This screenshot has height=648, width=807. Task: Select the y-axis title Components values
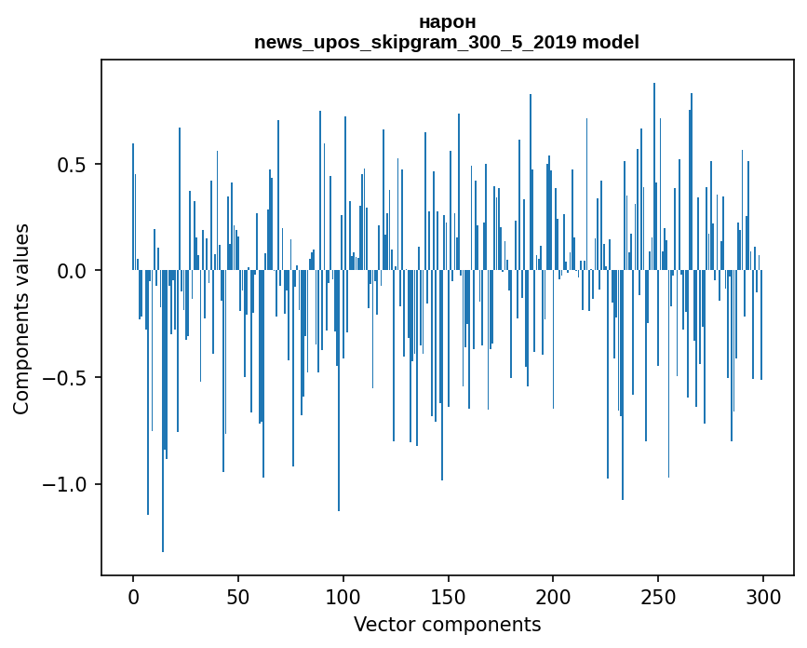point(21,318)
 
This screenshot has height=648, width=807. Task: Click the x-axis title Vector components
point(447,625)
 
